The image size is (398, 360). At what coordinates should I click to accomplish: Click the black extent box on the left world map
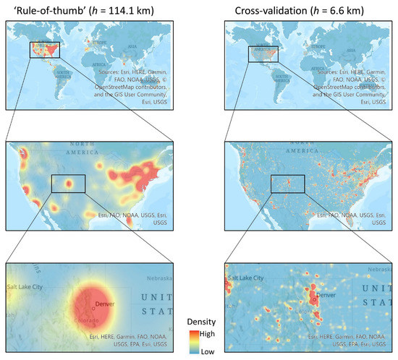tap(44, 50)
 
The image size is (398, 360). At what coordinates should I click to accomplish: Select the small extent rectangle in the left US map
tap(68, 184)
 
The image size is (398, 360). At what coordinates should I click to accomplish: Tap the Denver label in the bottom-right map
tap(327, 295)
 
